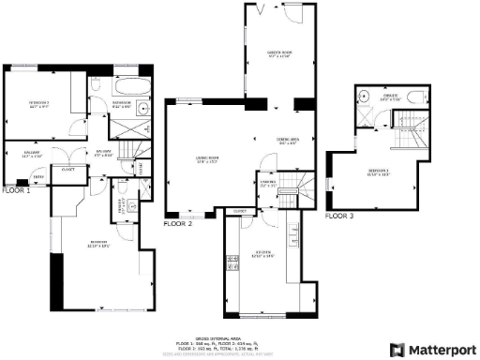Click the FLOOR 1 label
(x=16, y=189)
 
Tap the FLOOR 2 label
(x=178, y=225)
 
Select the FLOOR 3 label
(x=339, y=216)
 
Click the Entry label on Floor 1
(x=37, y=176)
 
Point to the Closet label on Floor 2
(x=239, y=213)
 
